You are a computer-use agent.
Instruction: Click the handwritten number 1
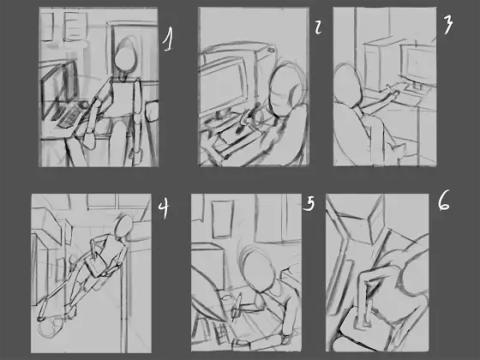168,39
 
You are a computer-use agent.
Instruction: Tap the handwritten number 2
318,27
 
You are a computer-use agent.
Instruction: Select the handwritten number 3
447,25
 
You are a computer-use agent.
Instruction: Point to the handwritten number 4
164,207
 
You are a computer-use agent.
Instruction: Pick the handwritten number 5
309,204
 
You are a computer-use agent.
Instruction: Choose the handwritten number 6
444,201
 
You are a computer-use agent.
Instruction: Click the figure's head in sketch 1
125,59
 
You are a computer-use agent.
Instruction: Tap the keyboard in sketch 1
69,115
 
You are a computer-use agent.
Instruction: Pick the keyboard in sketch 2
235,134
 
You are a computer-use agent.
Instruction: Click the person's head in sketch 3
348,85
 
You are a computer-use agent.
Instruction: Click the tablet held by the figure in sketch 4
95,267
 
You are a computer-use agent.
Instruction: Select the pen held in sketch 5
237,307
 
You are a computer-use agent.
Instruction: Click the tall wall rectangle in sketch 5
223,219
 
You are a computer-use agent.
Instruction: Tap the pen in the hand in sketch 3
392,90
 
